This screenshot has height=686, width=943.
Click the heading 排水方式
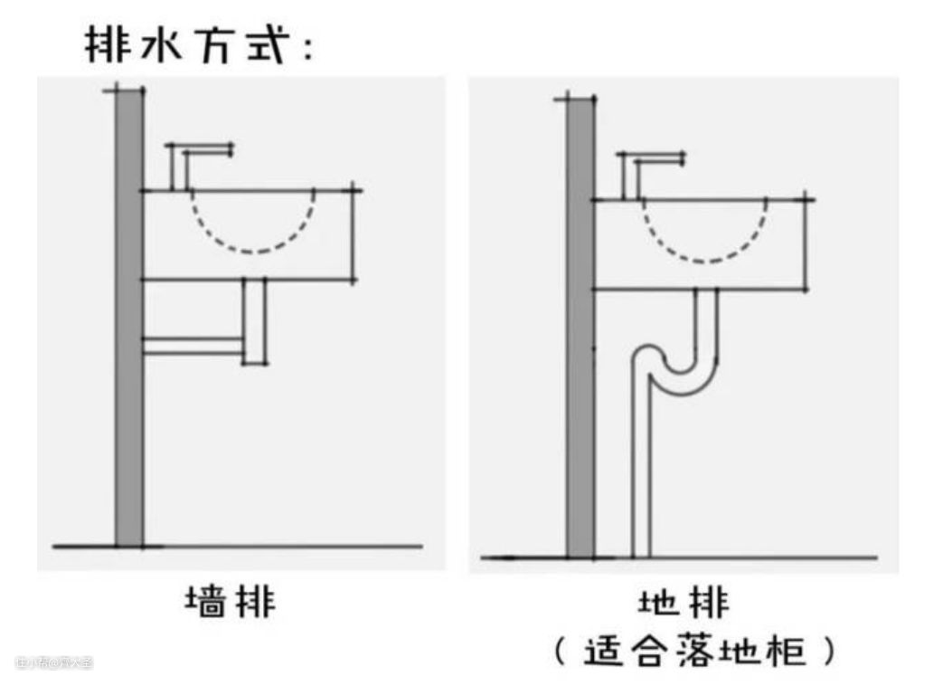[x=199, y=44]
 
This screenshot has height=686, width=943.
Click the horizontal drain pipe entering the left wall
[x=193, y=346]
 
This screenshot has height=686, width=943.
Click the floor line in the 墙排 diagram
[x=271, y=546]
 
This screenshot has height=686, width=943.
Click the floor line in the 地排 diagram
[x=741, y=557]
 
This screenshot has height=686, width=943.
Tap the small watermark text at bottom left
[x=53, y=662]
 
